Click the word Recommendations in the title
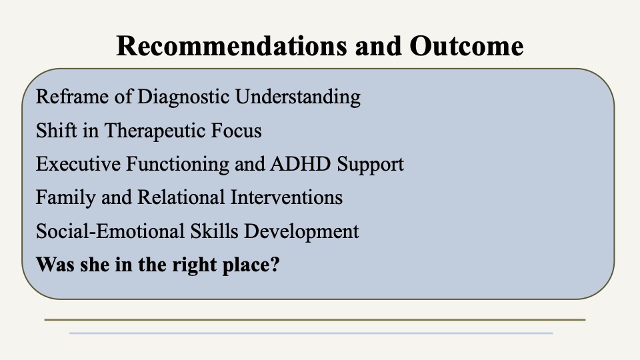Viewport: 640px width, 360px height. pos(231,46)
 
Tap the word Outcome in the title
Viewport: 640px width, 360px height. pos(466,46)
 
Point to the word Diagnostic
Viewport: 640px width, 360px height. pos(183,97)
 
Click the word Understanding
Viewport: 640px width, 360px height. pos(298,97)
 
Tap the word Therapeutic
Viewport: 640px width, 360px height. pos(155,131)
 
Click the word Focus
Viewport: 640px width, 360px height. pos(236,131)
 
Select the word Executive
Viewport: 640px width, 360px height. pos(78,164)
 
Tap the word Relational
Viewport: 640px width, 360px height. pos(181,197)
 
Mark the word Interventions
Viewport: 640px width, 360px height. pos(287,197)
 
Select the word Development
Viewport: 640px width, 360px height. pos(301,232)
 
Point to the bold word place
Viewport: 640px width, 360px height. pos(246,265)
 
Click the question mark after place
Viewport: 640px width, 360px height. pos(275,265)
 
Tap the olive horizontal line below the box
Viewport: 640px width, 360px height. pos(315,319)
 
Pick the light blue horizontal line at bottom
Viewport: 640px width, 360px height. pos(311,333)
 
